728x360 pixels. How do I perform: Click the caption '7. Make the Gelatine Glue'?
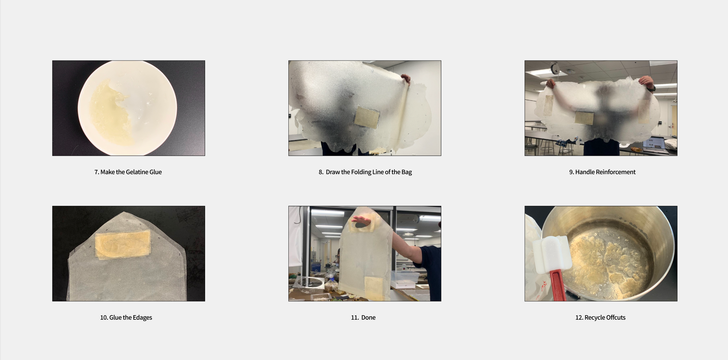point(128,172)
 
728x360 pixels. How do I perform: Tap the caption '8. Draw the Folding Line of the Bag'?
point(365,172)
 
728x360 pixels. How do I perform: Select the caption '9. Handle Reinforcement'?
point(602,172)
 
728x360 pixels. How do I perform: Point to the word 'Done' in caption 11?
point(368,318)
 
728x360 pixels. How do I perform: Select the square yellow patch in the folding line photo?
point(367,117)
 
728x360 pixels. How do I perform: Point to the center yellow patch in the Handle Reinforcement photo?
point(584,118)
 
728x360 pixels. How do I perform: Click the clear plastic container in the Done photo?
point(405,279)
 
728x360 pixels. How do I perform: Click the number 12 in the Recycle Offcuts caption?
point(579,318)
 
